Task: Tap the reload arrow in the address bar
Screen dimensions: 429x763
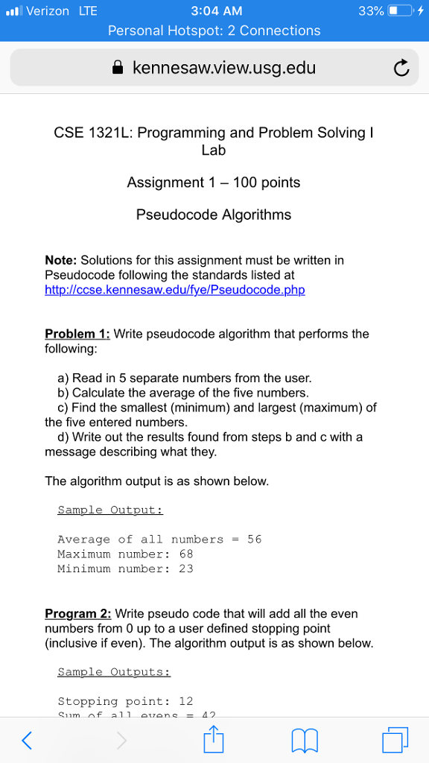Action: point(401,69)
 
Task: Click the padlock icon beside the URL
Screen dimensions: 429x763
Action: point(117,69)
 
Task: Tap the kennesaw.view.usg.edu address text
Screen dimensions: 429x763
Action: point(223,69)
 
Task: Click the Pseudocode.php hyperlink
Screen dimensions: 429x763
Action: point(175,289)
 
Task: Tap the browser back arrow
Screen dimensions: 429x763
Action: point(27,739)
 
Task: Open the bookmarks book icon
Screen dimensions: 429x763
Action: point(304,739)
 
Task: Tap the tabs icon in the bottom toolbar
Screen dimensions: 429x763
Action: point(395,739)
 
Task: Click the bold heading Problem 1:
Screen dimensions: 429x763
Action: point(77,334)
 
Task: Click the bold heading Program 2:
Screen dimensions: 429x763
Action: point(78,614)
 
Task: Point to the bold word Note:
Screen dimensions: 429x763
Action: point(61,260)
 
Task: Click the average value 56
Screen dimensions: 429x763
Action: point(254,539)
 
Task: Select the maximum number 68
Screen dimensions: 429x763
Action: point(185,554)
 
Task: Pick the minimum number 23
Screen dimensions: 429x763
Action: point(185,569)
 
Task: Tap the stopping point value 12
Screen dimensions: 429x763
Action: point(185,701)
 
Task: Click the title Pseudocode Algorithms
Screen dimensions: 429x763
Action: point(214,215)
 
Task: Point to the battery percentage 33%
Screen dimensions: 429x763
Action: point(371,11)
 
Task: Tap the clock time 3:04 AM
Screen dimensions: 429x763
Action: point(216,11)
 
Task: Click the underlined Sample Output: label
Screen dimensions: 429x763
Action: point(109,510)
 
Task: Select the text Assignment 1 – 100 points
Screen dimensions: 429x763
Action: point(214,182)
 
